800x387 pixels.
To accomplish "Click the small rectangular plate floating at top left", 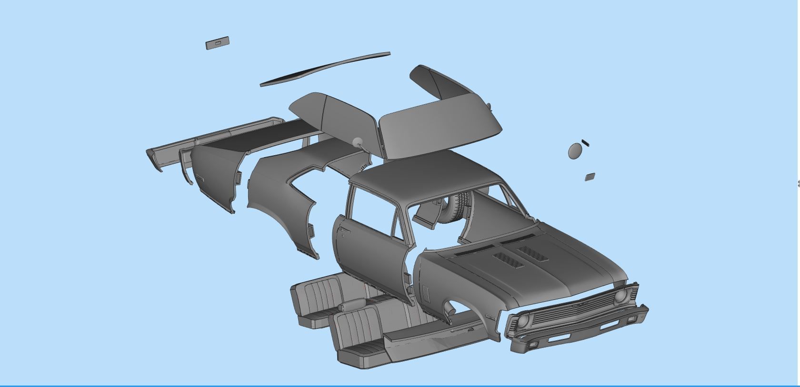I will coord(217,43).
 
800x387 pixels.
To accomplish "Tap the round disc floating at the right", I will coord(575,151).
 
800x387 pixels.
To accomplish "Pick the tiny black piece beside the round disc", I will coord(585,142).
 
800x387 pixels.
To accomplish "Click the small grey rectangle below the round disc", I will coord(590,177).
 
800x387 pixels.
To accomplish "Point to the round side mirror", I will coord(357,141).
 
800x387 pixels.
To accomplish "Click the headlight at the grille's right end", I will coord(620,297).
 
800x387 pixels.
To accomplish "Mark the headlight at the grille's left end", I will coord(521,321).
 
